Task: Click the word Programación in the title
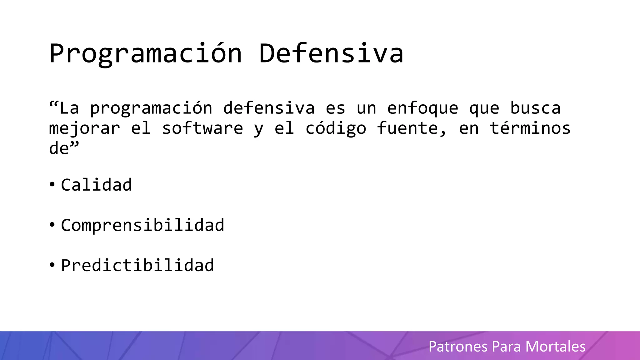[146, 54]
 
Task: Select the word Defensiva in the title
[331, 54]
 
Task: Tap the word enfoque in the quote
[422, 108]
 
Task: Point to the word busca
[535, 108]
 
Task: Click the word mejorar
[84, 129]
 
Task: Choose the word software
[202, 128]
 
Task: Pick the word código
[336, 129]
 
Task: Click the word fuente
[412, 128]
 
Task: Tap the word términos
[530, 128]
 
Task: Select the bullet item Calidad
[96, 185]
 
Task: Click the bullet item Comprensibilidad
[142, 225]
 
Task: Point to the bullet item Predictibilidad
[137, 266]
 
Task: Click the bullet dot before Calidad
[52, 185]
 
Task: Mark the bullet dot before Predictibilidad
[52, 265]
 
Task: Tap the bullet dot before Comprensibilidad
[52, 225]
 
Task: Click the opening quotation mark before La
[53, 104]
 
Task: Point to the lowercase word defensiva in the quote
[269, 108]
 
